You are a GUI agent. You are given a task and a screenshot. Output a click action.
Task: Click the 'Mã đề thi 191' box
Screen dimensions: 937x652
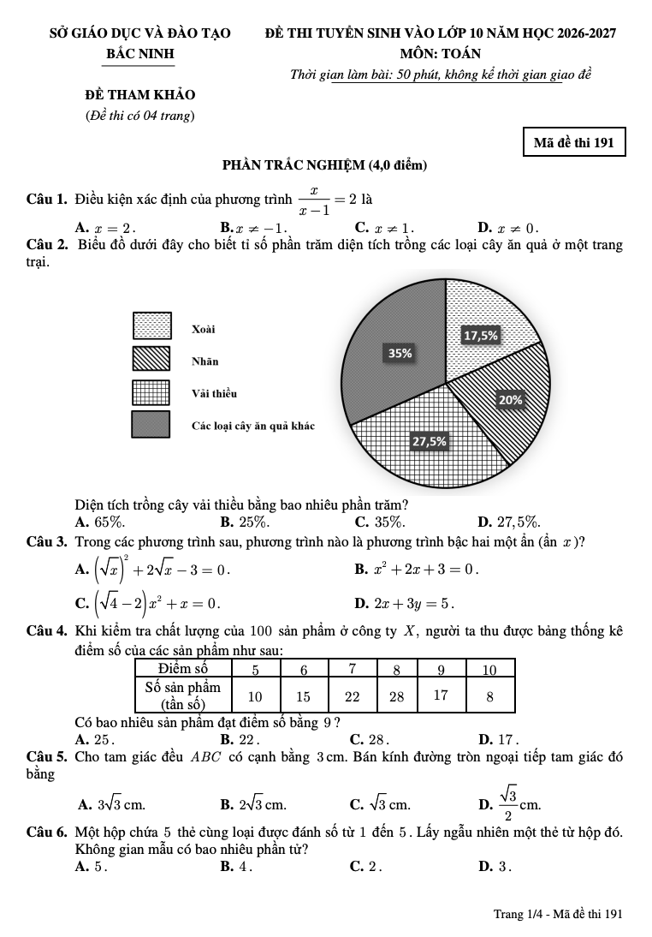[573, 142]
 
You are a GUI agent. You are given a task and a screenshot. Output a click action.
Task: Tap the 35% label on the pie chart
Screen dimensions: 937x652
[400, 353]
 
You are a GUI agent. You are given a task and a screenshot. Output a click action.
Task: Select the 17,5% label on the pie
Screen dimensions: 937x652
[480, 336]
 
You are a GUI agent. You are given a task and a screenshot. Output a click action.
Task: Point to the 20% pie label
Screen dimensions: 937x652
[511, 399]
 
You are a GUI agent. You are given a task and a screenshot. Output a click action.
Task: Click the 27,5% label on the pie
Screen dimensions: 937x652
[430, 441]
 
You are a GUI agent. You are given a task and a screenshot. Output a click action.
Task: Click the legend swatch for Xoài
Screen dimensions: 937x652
[151, 326]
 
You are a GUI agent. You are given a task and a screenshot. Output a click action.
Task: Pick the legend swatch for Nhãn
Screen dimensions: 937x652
[151, 359]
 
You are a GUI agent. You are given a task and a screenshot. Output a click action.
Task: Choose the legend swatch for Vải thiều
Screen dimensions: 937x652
[151, 391]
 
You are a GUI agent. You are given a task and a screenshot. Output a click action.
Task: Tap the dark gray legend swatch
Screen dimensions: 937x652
[151, 424]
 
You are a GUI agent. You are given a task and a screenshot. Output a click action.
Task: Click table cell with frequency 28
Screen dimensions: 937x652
[396, 695]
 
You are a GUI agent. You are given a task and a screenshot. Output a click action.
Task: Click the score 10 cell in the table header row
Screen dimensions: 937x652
[489, 668]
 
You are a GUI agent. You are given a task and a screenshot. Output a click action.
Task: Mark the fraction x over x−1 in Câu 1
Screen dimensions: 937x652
[316, 200]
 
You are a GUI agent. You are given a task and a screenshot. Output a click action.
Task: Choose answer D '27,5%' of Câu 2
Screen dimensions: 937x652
[509, 522]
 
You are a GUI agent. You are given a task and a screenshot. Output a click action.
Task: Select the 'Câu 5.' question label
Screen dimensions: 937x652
[48, 757]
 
